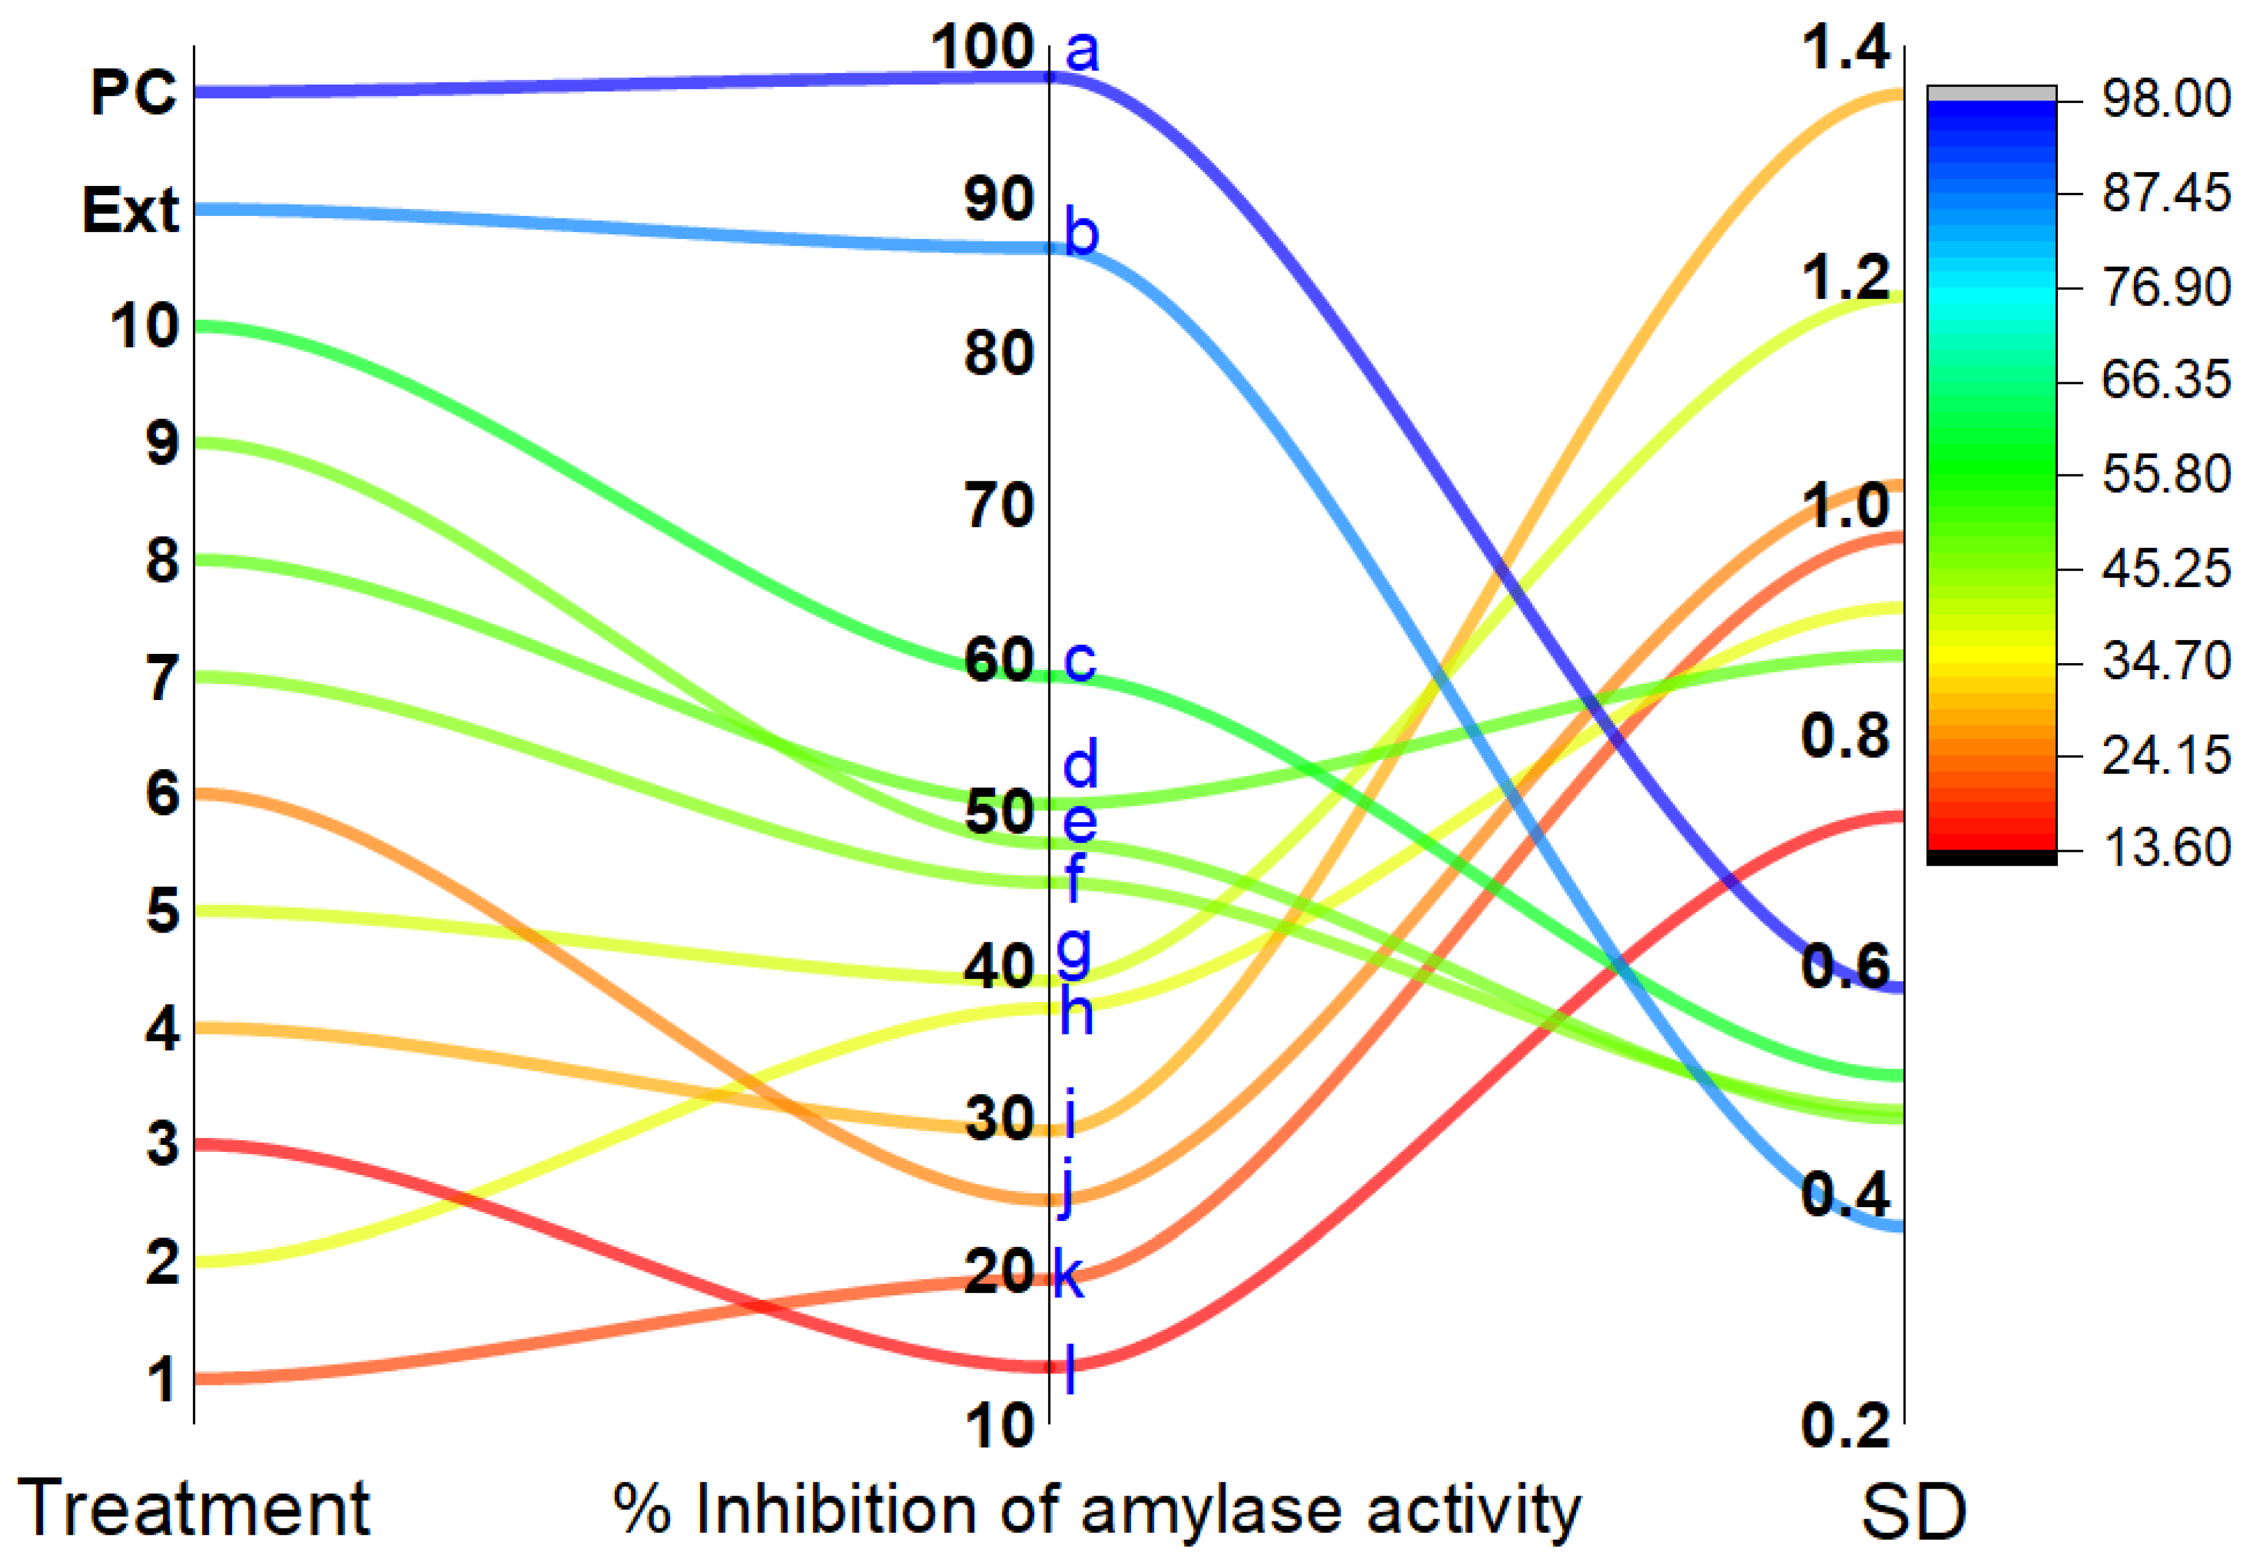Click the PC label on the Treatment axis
coord(134,93)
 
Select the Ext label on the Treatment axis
coord(131,210)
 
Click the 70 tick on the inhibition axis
coord(999,507)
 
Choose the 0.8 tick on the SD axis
coord(1845,736)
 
